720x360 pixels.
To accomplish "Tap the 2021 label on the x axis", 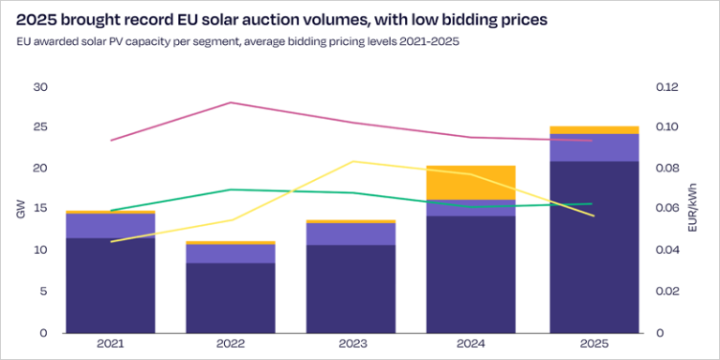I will pos(111,345).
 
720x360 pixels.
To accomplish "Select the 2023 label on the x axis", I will pos(352,345).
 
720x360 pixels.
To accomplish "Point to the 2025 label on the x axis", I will pos(592,345).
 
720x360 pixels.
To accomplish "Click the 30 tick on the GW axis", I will pos(39,87).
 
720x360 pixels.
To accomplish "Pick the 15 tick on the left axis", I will pos(39,210).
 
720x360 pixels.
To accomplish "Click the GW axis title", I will pos(21,210).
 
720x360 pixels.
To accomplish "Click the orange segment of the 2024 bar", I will pos(472,183).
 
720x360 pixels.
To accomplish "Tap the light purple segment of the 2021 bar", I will pos(111,226).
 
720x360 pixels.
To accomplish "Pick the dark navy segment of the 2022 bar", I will pos(231,297).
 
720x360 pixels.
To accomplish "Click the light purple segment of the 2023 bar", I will pos(352,233).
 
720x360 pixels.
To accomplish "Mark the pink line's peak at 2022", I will pos(231,102).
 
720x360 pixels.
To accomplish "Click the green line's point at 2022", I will pos(231,189).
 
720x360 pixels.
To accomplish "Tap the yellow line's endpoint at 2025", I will pos(592,216).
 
